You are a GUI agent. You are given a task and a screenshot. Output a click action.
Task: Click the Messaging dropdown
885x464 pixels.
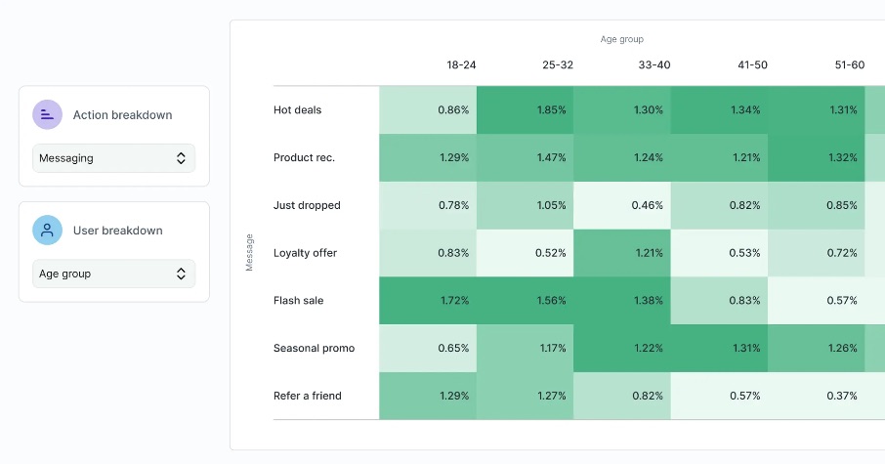113,158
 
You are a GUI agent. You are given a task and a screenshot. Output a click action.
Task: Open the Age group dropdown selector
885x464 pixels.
113,274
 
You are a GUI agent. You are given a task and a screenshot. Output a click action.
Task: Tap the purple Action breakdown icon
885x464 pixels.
47,115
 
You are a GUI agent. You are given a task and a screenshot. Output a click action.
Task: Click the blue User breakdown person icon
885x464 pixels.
47,231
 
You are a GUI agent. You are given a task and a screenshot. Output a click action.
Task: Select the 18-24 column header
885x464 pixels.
461,65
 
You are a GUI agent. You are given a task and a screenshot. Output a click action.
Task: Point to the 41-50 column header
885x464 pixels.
752,65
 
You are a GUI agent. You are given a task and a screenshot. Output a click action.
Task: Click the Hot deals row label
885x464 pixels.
298,110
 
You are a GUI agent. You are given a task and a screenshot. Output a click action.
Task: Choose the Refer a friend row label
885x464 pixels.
308,396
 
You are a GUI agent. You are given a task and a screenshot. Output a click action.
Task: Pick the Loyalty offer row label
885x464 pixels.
305,253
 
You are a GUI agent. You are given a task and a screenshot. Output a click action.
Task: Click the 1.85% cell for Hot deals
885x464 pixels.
525,110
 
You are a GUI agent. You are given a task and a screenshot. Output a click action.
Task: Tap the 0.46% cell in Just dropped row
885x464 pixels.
621,205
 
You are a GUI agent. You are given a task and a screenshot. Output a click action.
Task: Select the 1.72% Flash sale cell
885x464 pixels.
428,301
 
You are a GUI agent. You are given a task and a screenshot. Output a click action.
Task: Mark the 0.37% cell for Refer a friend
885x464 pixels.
816,396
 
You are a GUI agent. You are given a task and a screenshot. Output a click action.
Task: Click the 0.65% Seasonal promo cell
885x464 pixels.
428,348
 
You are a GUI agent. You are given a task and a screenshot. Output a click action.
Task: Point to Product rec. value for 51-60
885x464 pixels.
816,157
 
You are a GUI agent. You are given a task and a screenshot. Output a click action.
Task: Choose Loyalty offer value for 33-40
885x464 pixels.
621,253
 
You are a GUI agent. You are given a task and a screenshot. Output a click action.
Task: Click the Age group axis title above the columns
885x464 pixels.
621,40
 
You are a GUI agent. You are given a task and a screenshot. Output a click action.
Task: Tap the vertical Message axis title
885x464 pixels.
249,252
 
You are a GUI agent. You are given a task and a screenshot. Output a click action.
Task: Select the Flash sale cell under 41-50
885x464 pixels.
719,301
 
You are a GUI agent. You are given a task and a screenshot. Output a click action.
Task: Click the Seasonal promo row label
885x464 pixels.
314,348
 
